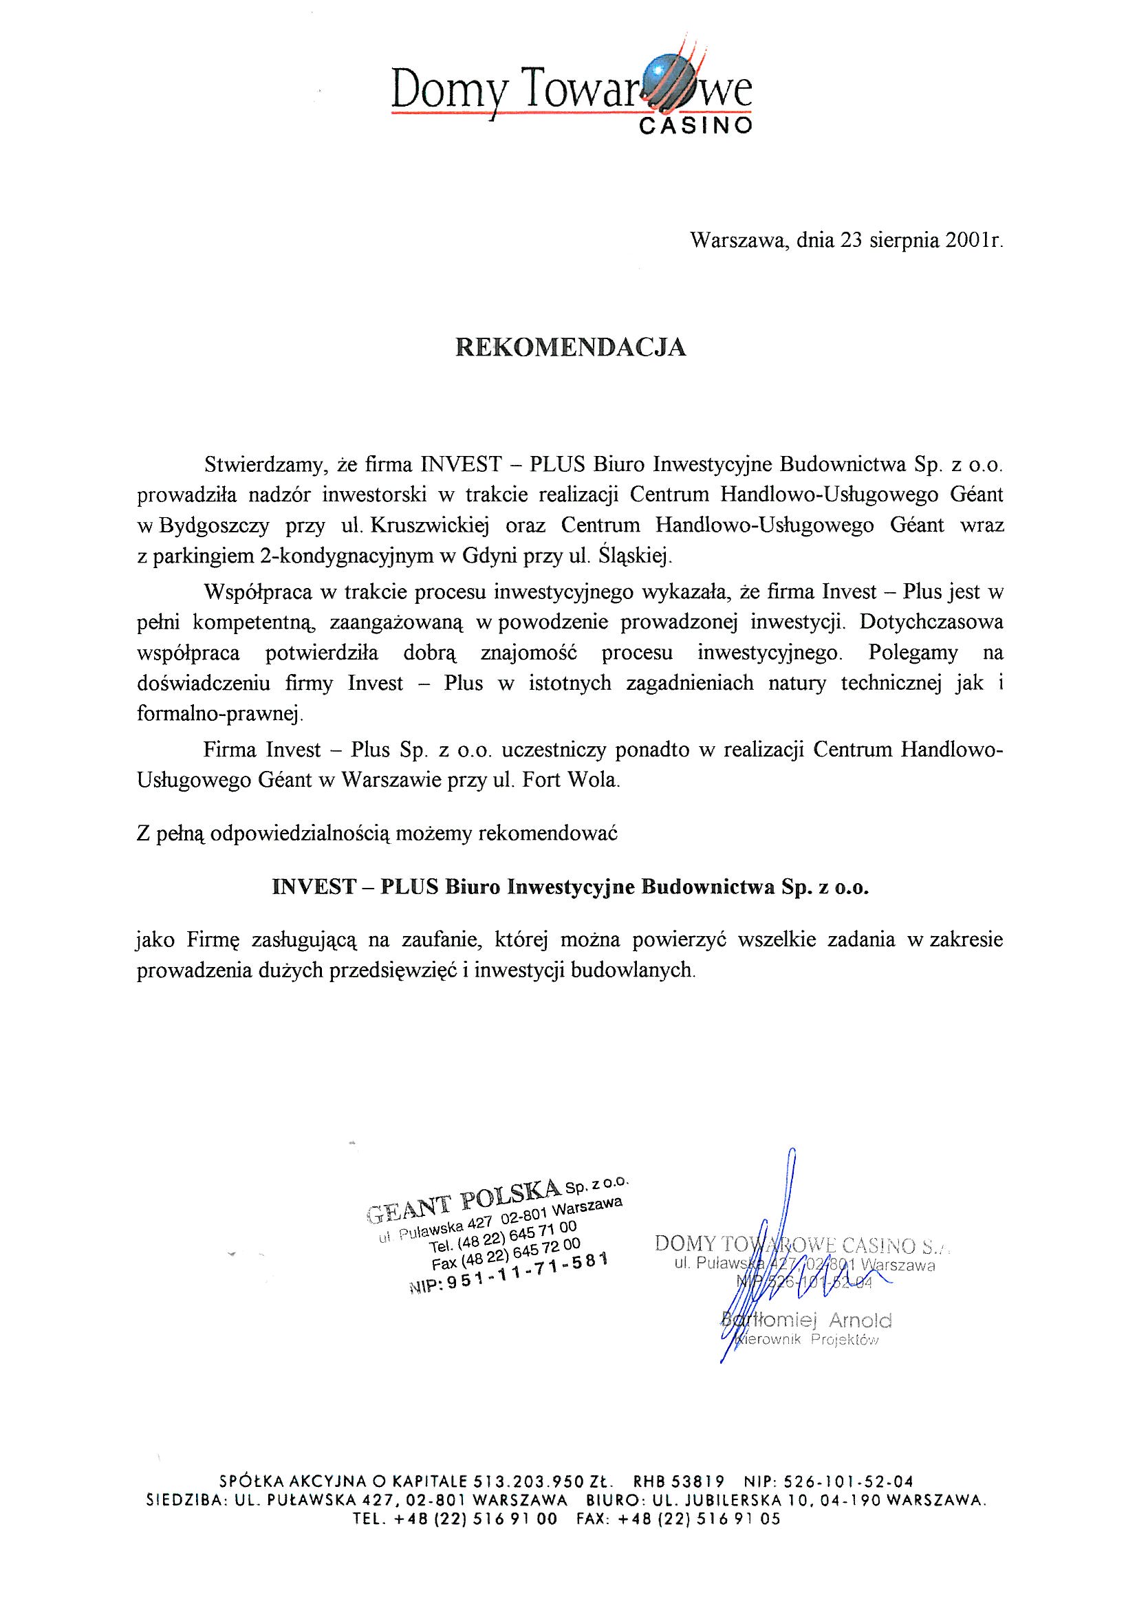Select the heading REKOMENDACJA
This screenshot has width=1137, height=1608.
pos(570,348)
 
